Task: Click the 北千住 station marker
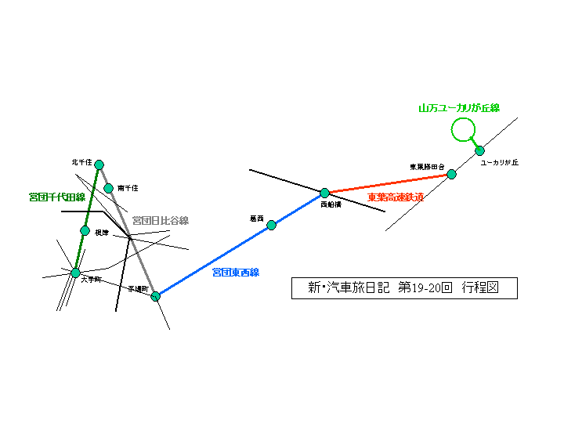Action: pyautogui.click(x=99, y=164)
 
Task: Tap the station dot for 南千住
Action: pyautogui.click(x=109, y=188)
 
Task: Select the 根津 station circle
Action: pyautogui.click(x=85, y=230)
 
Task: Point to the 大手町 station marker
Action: pyautogui.click(x=75, y=273)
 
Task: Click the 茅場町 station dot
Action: pyautogui.click(x=155, y=295)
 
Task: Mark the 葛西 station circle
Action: pyautogui.click(x=271, y=225)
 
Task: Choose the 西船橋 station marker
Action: pyautogui.click(x=324, y=193)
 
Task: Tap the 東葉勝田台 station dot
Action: pyautogui.click(x=452, y=174)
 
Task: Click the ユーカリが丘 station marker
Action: pyautogui.click(x=479, y=150)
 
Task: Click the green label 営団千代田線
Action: pyautogui.click(x=56, y=197)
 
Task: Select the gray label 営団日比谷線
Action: pyautogui.click(x=160, y=220)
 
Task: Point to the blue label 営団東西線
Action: pyautogui.click(x=235, y=273)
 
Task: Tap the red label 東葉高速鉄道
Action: pyautogui.click(x=396, y=197)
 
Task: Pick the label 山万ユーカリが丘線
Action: pyautogui.click(x=459, y=107)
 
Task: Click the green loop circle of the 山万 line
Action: pyautogui.click(x=464, y=129)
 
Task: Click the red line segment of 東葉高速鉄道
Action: pyautogui.click(x=388, y=183)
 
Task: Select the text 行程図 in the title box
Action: pyautogui.click(x=480, y=287)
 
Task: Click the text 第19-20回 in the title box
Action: pyautogui.click(x=426, y=287)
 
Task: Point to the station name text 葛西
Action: pyautogui.click(x=257, y=219)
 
